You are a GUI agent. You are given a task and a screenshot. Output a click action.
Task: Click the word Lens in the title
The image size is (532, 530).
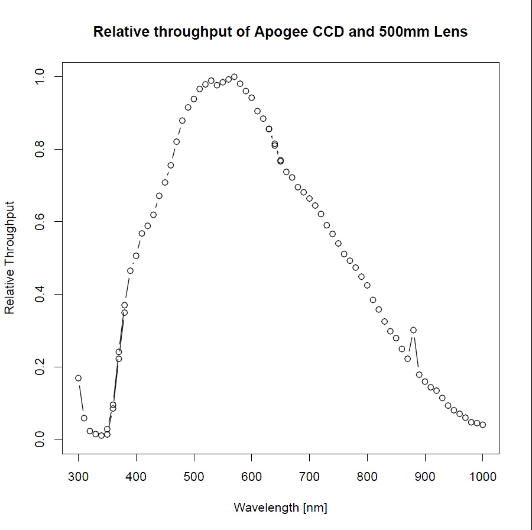pyautogui.click(x=450, y=32)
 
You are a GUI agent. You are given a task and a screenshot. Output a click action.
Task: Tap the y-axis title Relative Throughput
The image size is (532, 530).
pyautogui.click(x=9, y=257)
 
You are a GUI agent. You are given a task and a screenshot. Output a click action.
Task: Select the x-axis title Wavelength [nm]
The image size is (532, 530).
pyautogui.click(x=280, y=508)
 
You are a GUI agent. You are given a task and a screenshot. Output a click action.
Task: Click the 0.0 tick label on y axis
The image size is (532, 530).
pyautogui.click(x=40, y=439)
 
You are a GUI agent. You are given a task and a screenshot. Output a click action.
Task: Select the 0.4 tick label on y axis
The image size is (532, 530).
pyautogui.click(x=40, y=294)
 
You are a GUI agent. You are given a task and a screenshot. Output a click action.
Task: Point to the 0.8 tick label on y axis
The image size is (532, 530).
pyautogui.click(x=40, y=149)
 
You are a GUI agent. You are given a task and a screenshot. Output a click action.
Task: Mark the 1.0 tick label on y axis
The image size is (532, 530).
pyautogui.click(x=40, y=77)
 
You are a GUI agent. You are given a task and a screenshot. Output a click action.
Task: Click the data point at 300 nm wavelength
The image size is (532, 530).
pyautogui.click(x=78, y=378)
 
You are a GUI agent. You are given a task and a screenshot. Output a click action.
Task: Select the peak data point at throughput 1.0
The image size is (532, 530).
pyautogui.click(x=234, y=77)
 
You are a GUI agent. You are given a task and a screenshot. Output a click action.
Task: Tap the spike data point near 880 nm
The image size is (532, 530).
pyautogui.click(x=413, y=330)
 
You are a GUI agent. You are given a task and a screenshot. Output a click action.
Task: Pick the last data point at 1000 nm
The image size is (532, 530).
pyautogui.click(x=482, y=425)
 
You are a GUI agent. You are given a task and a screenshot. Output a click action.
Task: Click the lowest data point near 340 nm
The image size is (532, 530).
pyautogui.click(x=101, y=435)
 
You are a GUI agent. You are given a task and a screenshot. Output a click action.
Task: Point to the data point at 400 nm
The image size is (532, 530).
pyautogui.click(x=136, y=256)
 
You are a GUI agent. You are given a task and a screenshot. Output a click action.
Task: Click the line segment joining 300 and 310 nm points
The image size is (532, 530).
pyautogui.click(x=81, y=397)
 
